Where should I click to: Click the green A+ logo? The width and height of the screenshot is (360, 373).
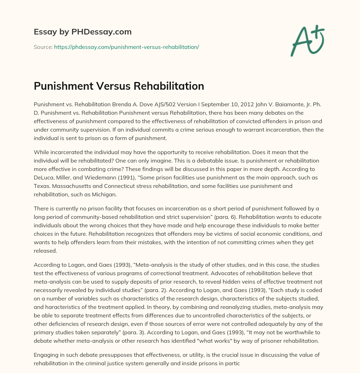pyautogui.click(x=307, y=41)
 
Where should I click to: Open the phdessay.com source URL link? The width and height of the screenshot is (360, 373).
pyautogui.click(x=127, y=47)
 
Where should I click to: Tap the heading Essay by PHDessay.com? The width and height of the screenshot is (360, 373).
pyautogui.click(x=83, y=32)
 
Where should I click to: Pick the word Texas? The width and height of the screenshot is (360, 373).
pyautogui.click(x=41, y=177)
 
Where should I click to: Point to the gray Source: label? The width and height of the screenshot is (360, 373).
pyautogui.click(x=43, y=47)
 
